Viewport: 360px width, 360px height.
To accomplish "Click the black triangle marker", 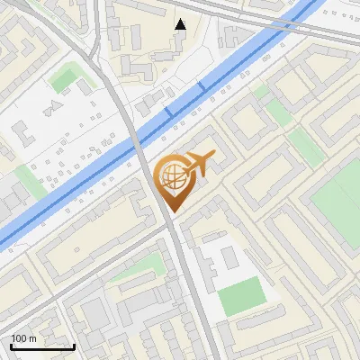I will pyautogui.click(x=180, y=24).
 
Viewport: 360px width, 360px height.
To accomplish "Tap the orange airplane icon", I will pyautogui.click(x=197, y=165).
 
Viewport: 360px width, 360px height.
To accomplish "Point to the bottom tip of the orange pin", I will pyautogui.click(x=171, y=211).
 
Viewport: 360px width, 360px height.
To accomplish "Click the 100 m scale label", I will pyautogui.click(x=23, y=338).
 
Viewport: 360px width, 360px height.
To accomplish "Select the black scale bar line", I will pyautogui.click(x=42, y=346).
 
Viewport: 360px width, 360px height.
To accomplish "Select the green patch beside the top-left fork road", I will pyautogui.click(x=64, y=80).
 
